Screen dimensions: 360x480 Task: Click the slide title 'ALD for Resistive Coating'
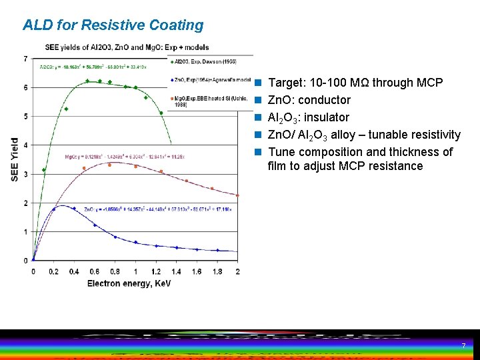point(113,25)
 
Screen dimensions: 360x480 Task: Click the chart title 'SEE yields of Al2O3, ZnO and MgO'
point(127,47)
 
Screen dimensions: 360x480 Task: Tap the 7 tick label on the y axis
point(25,59)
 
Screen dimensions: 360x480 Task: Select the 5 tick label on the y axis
point(25,117)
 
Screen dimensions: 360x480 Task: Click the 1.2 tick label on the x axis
point(156,271)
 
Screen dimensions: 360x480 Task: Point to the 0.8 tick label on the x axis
point(115,271)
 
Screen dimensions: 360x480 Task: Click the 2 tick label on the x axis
point(237,271)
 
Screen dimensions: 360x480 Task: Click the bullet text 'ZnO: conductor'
point(309,100)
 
